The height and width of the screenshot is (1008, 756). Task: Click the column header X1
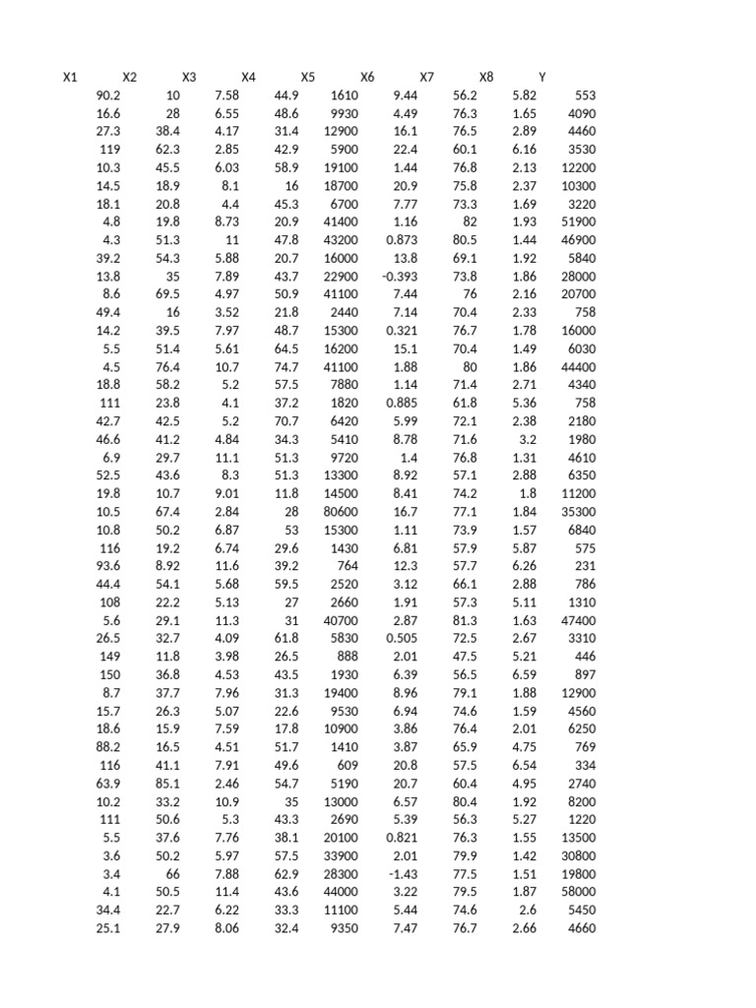tap(70, 77)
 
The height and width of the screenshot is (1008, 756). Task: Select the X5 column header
tap(308, 77)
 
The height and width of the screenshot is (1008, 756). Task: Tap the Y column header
tap(542, 77)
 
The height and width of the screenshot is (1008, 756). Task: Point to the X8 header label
tap(486, 77)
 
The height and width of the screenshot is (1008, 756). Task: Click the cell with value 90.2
tap(108, 95)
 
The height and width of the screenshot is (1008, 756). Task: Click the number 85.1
tap(167, 784)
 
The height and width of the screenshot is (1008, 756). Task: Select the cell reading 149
tap(109, 657)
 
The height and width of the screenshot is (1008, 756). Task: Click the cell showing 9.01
tap(227, 493)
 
